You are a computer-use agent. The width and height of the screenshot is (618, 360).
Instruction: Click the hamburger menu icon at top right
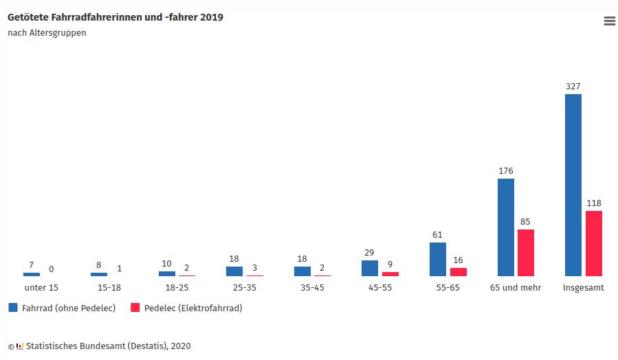coord(609,21)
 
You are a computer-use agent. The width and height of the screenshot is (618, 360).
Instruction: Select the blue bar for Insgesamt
coord(573,185)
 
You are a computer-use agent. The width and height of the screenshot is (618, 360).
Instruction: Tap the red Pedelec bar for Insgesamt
coord(593,243)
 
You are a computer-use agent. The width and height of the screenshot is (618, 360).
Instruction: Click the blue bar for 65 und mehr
coord(505,227)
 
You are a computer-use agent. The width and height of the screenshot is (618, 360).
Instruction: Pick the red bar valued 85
coord(526,253)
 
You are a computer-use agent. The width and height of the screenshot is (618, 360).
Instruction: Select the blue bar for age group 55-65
coord(437,259)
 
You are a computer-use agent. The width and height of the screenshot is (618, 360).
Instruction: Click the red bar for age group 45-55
coord(390,274)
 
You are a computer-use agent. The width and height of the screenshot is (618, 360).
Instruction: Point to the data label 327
coord(573,87)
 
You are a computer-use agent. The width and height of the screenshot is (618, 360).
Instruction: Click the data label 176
coord(505,171)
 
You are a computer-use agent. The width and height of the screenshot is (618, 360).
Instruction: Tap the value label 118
coord(593,203)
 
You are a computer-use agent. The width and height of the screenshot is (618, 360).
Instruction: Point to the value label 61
coord(437,235)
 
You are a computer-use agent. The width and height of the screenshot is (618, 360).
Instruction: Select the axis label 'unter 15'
coord(41,288)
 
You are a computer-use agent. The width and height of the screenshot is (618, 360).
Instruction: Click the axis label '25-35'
coord(244,288)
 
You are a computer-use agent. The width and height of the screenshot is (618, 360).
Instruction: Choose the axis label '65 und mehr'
coord(516,288)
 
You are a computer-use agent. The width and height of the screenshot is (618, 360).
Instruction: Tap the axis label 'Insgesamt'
coord(583,288)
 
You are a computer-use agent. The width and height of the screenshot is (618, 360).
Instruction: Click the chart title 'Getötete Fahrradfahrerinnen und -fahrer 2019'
coord(115,17)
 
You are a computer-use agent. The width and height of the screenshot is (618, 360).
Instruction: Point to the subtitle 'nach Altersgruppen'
coord(47,33)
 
